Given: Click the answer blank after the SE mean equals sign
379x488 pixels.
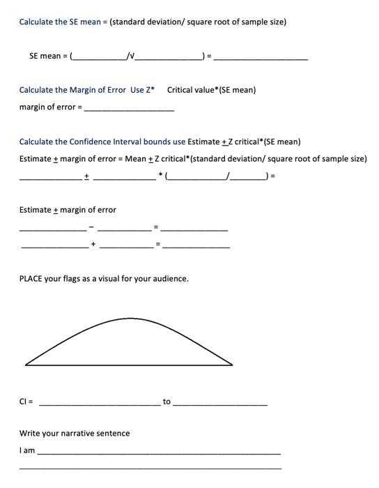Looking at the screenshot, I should coord(261,58).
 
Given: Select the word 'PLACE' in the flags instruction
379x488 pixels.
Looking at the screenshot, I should coord(31,279).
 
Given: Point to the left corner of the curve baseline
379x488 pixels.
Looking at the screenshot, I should coord(26,364).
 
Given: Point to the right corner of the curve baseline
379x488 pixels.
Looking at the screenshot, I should coord(232,364).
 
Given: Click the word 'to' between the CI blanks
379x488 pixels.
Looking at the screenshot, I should coord(167,402).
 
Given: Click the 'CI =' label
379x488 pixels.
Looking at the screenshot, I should coord(26,402).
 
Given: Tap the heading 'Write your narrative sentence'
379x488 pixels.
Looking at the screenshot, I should coord(75,434).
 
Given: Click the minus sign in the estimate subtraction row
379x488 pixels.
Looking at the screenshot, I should coord(91,227).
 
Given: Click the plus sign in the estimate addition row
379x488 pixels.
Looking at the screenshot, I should coord(92,245).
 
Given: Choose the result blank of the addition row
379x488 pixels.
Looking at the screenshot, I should coord(196,247).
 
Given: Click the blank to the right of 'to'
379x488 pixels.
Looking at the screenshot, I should coord(219,404).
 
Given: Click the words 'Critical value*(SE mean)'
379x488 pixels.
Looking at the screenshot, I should coord(211,90).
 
